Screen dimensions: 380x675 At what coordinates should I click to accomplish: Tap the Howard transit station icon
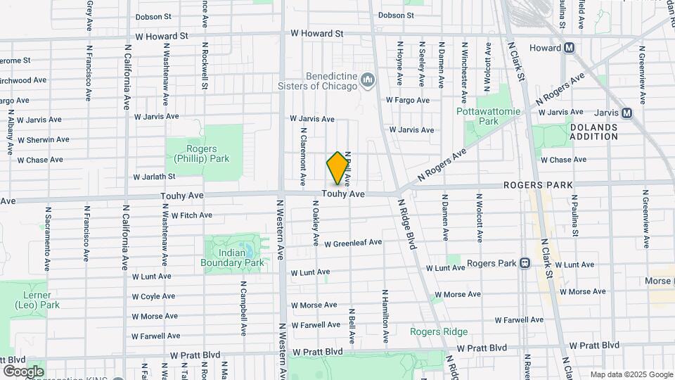click(x=570, y=48)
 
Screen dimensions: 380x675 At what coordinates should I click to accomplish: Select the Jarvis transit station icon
click(x=626, y=113)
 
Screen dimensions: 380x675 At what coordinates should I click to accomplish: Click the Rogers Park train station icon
click(x=525, y=263)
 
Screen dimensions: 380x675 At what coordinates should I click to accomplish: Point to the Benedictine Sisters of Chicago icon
click(x=367, y=82)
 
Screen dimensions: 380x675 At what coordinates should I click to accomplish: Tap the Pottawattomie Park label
click(x=487, y=116)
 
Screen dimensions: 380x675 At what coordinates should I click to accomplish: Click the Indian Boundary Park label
click(x=235, y=258)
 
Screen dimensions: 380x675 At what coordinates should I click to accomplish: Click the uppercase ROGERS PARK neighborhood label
click(x=539, y=185)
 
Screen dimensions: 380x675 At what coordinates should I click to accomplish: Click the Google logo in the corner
click(x=23, y=371)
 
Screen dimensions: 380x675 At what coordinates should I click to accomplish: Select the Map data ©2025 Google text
click(x=631, y=374)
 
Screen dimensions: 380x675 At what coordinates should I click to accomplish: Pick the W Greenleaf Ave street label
click(x=353, y=243)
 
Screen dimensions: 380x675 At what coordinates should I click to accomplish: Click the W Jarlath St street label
click(x=155, y=177)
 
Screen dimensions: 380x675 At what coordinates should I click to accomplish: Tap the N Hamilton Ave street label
click(x=385, y=310)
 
